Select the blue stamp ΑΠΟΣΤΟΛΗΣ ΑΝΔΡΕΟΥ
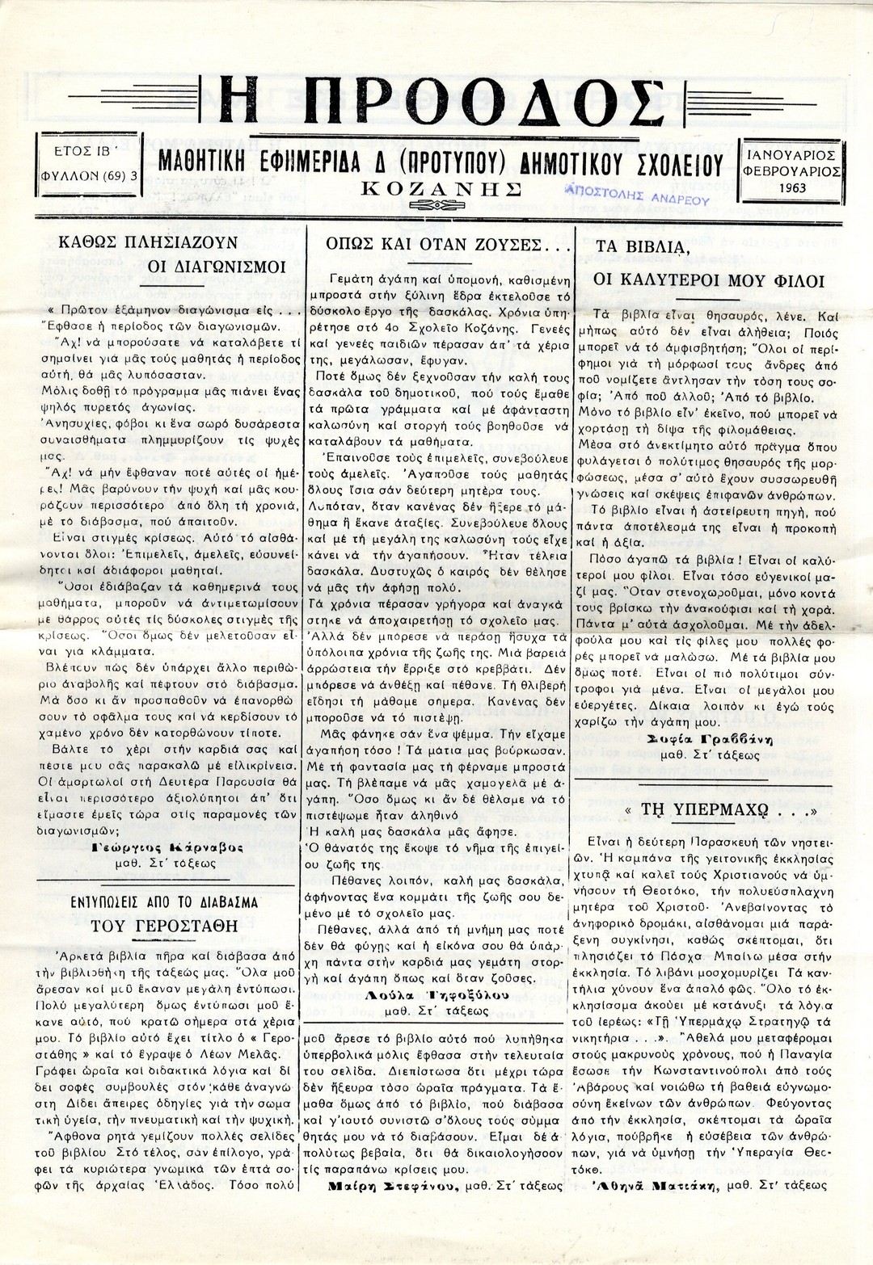click(x=638, y=195)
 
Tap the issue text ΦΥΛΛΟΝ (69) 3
click(x=89, y=173)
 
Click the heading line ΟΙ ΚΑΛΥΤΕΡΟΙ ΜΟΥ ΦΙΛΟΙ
click(x=709, y=280)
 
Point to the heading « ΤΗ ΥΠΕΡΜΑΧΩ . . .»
click(x=708, y=810)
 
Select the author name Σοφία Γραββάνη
click(x=710, y=739)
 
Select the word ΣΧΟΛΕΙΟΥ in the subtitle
click(x=676, y=164)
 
